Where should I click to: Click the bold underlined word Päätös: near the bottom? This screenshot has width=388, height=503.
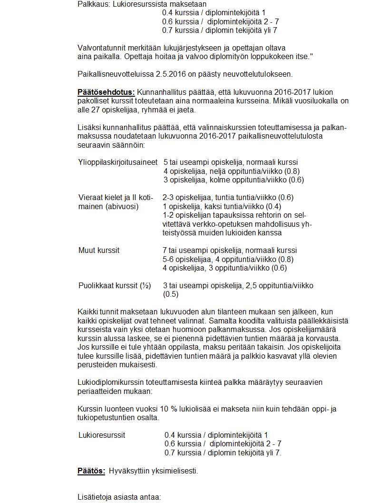pos(91,471)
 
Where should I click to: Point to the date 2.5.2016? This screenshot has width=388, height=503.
pos(172,74)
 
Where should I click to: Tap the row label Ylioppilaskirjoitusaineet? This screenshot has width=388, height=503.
pos(118,162)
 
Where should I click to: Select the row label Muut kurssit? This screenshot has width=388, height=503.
pos(99,251)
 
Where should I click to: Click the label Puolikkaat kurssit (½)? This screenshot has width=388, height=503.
pos(115,286)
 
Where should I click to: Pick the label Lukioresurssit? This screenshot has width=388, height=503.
pos(102,435)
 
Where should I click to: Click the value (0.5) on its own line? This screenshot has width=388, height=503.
pos(171,294)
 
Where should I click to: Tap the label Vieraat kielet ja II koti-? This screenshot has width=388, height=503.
pos(116,198)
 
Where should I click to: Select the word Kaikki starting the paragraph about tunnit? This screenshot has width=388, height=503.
pos(87,312)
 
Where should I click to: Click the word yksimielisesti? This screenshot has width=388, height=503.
pos(175,471)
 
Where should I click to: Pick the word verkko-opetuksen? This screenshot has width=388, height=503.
pos(209,224)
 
